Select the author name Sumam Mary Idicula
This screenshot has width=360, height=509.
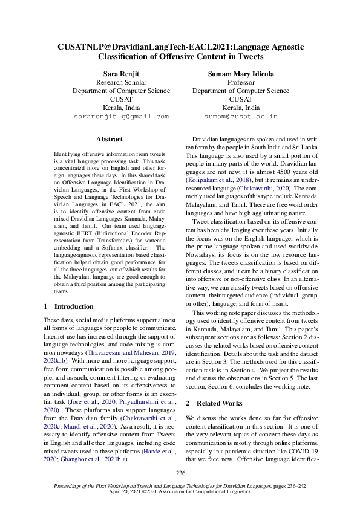[240, 74]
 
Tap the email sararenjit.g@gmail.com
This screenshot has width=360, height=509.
[121, 116]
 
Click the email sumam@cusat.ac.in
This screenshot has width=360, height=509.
[240, 116]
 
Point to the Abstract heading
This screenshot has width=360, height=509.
[110, 139]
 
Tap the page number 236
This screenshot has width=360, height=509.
[180, 473]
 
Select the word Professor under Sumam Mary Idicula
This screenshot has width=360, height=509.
[240, 82]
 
